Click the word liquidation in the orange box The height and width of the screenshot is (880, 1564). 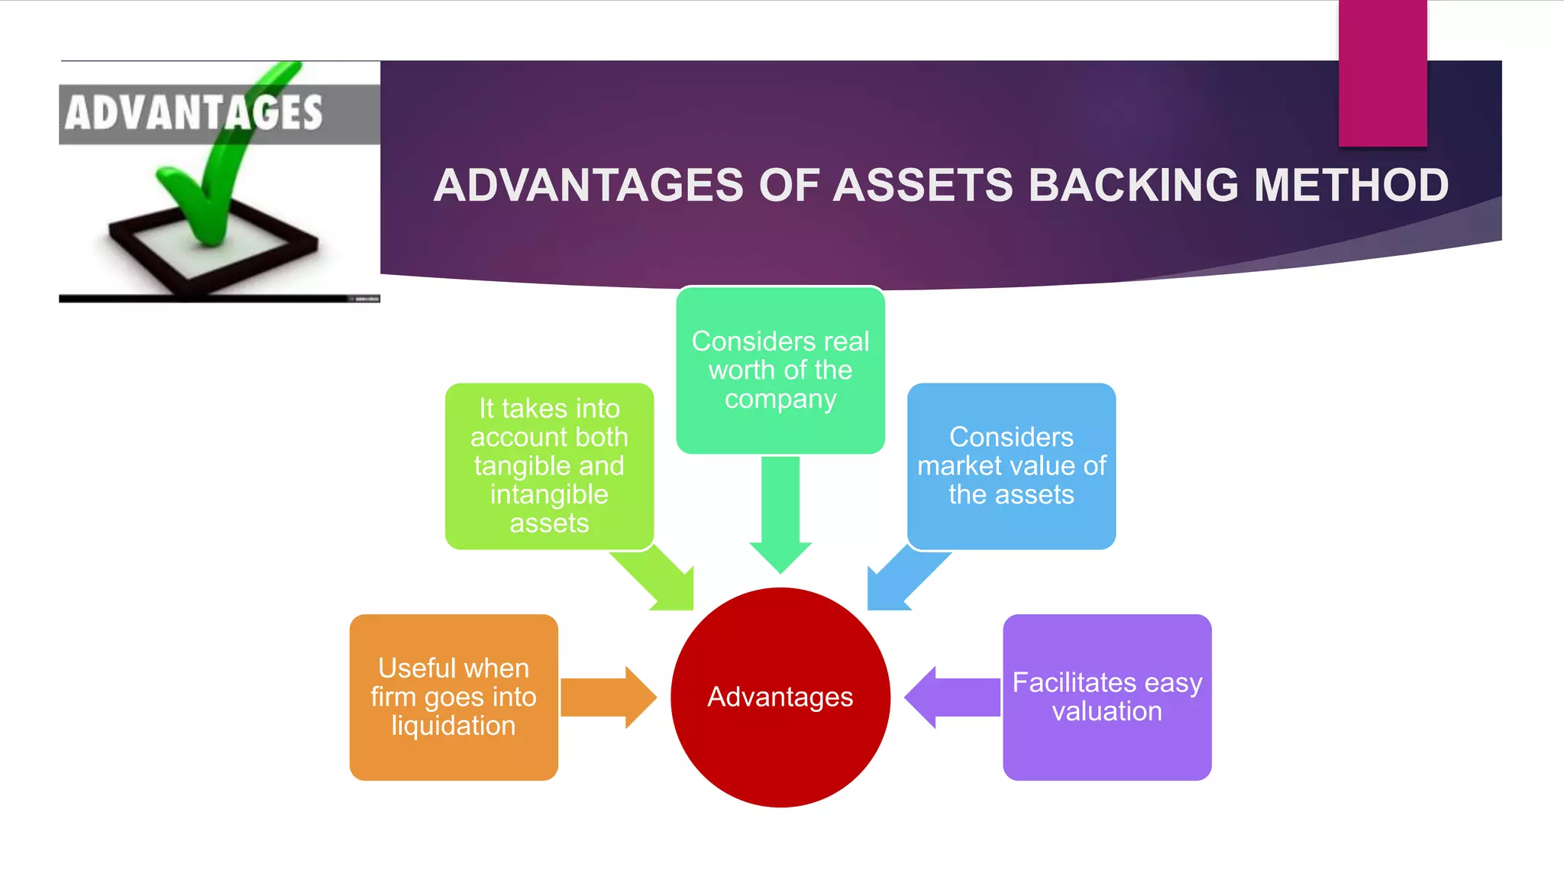point(453,726)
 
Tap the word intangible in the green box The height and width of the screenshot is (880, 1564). point(549,495)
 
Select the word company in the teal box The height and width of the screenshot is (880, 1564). point(780,400)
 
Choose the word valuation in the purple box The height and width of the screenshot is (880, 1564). point(1107,712)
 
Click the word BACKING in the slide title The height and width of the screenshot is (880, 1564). point(1133,186)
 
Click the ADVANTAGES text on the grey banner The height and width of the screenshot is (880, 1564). point(193,113)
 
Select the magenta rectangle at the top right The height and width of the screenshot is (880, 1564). point(1382,73)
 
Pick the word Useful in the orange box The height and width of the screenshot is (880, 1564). point(417,668)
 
